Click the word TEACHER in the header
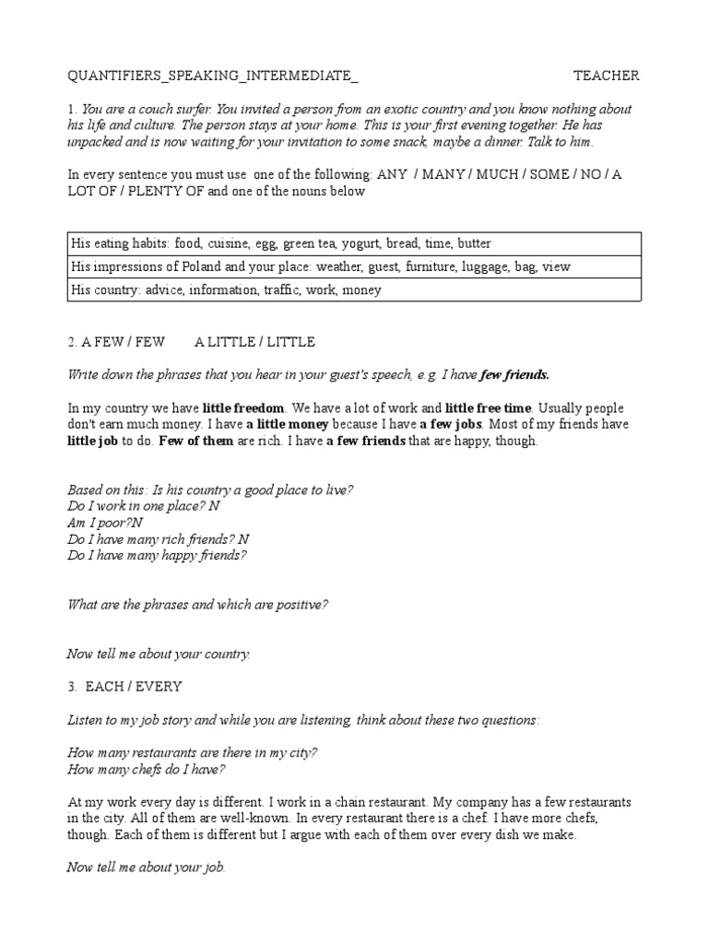pos(606,76)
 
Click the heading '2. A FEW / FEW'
pos(116,342)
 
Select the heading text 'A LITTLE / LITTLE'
pos(254,342)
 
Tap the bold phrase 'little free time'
pos(489,407)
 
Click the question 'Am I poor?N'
pos(106,522)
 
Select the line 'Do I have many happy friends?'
pos(158,556)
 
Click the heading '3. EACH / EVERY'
pos(125,686)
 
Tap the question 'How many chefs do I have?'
pos(147,769)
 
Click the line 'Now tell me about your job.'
pos(147,867)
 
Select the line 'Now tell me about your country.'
pos(159,654)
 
